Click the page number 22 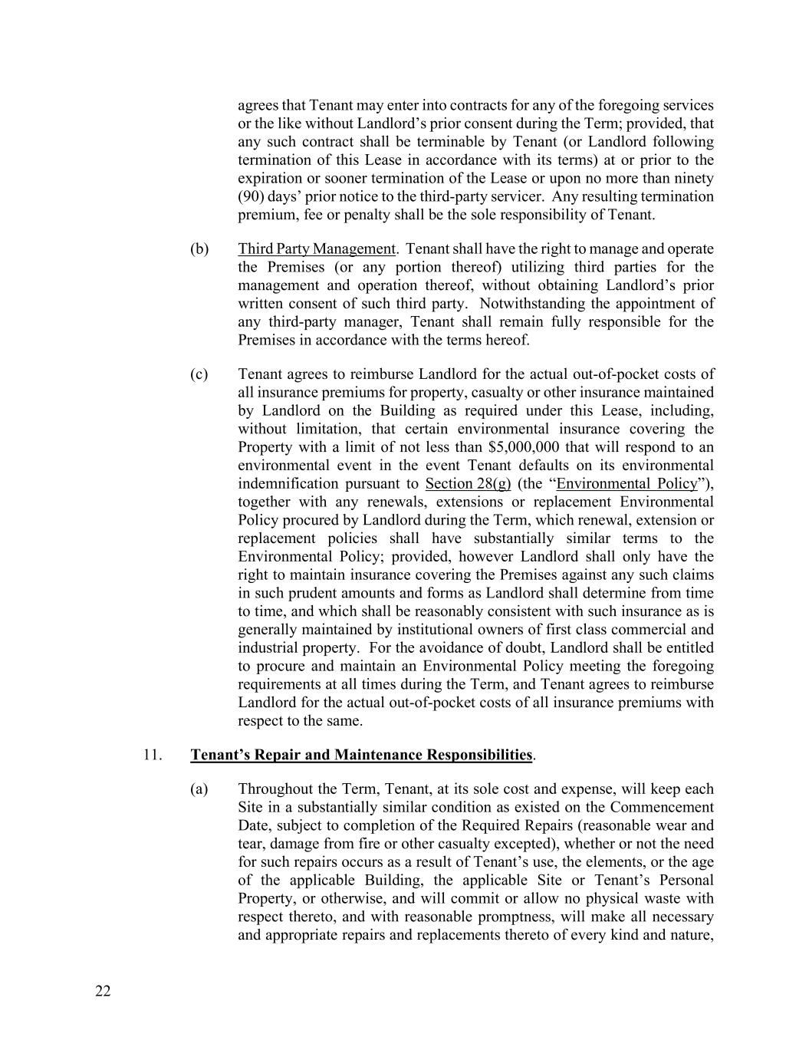[103, 992]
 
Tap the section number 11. [153, 755]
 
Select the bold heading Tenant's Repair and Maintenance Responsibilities [361, 755]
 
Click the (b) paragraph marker [199, 249]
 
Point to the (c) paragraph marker [199, 374]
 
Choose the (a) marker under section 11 [199, 789]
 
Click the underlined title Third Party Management [317, 249]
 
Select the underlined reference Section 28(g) [468, 484]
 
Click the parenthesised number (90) [253, 196]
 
